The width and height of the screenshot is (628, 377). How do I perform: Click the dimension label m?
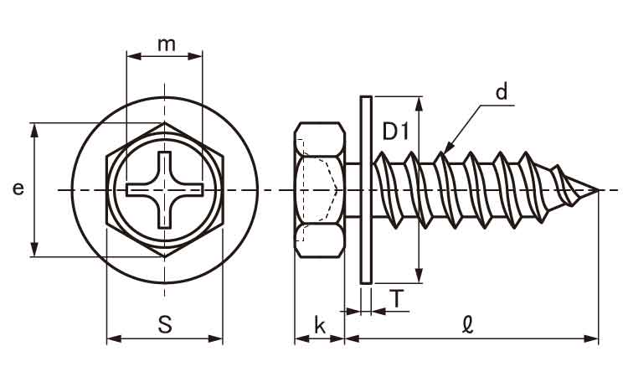[166, 44]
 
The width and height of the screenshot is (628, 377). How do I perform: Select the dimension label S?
[165, 325]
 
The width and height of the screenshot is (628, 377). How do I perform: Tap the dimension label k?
[319, 325]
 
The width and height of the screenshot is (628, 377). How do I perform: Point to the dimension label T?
[396, 298]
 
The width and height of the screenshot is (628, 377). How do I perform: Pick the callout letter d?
[502, 92]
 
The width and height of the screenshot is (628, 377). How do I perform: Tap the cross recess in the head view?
[166, 190]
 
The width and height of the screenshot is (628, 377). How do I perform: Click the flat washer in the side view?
[365, 189]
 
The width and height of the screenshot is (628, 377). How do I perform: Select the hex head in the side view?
[319, 189]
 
